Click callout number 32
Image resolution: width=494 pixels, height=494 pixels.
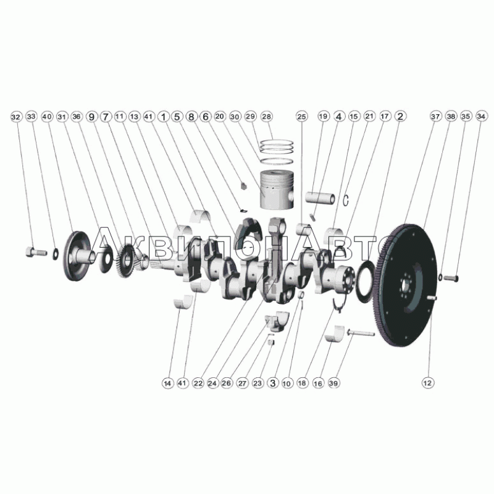16,117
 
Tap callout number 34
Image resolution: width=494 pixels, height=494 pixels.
481,116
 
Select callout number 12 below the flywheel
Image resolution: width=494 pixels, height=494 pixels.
427,383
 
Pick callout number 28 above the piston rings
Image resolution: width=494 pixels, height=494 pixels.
267,116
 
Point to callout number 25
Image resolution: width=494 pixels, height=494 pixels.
301,117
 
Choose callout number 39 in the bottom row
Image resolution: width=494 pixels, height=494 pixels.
333,383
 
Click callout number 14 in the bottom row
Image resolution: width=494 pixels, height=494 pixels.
167,383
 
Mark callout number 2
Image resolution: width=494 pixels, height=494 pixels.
400,116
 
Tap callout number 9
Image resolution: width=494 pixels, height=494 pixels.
91,117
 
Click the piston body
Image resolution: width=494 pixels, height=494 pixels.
277,189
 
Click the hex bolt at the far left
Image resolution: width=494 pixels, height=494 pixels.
36,251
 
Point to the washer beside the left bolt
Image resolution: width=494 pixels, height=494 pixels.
55,254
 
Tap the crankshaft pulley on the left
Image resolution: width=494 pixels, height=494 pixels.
77,256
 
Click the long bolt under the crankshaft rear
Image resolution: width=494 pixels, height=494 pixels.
361,333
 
